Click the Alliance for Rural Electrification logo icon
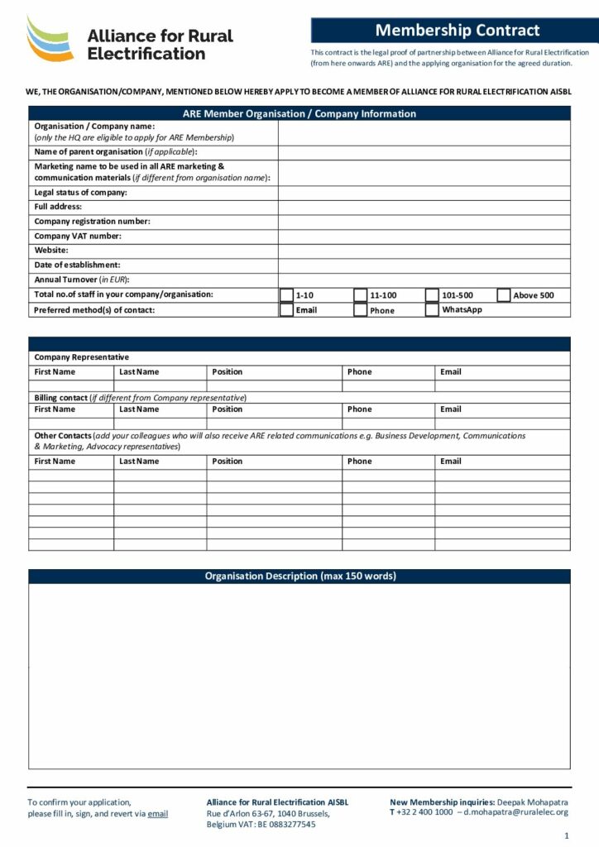click(x=50, y=39)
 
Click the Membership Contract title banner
click(x=457, y=31)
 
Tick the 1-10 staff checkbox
click(x=286, y=295)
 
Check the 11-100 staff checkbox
click(x=360, y=295)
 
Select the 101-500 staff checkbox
click(x=432, y=295)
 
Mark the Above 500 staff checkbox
click(x=504, y=295)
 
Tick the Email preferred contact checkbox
click(x=286, y=310)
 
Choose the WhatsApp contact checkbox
click(x=432, y=310)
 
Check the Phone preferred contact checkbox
click(x=360, y=311)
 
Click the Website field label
click(x=51, y=250)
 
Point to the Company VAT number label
click(x=78, y=236)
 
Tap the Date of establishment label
click(x=77, y=265)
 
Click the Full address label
click(x=58, y=207)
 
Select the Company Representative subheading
click(x=81, y=357)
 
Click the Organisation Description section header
click(x=299, y=577)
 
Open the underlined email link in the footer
click(x=157, y=814)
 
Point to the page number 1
click(x=566, y=835)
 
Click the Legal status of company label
click(x=80, y=193)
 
